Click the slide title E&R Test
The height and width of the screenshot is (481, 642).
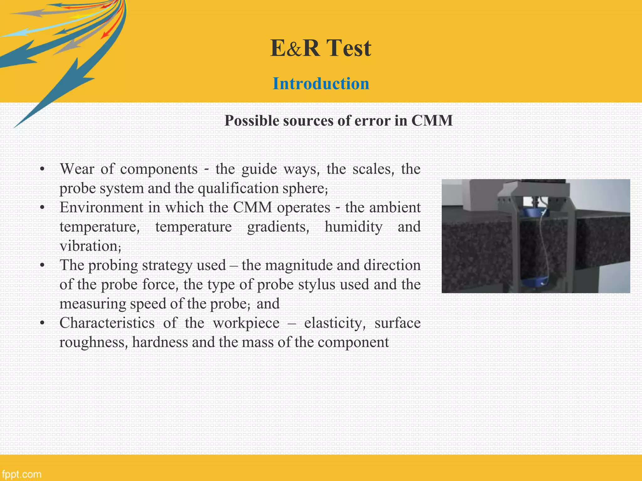[x=321, y=48]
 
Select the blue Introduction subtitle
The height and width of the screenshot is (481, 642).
[x=321, y=84]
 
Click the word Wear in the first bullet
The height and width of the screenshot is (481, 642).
[x=77, y=169]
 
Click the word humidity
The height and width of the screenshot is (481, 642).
[x=353, y=227]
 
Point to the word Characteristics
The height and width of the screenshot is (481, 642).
[x=107, y=323]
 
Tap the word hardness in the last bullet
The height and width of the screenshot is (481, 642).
[x=160, y=342]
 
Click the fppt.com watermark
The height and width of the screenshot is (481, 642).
[x=21, y=474]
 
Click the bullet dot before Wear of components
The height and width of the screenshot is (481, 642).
[x=43, y=169]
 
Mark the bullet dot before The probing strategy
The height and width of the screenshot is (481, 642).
[x=43, y=266]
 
